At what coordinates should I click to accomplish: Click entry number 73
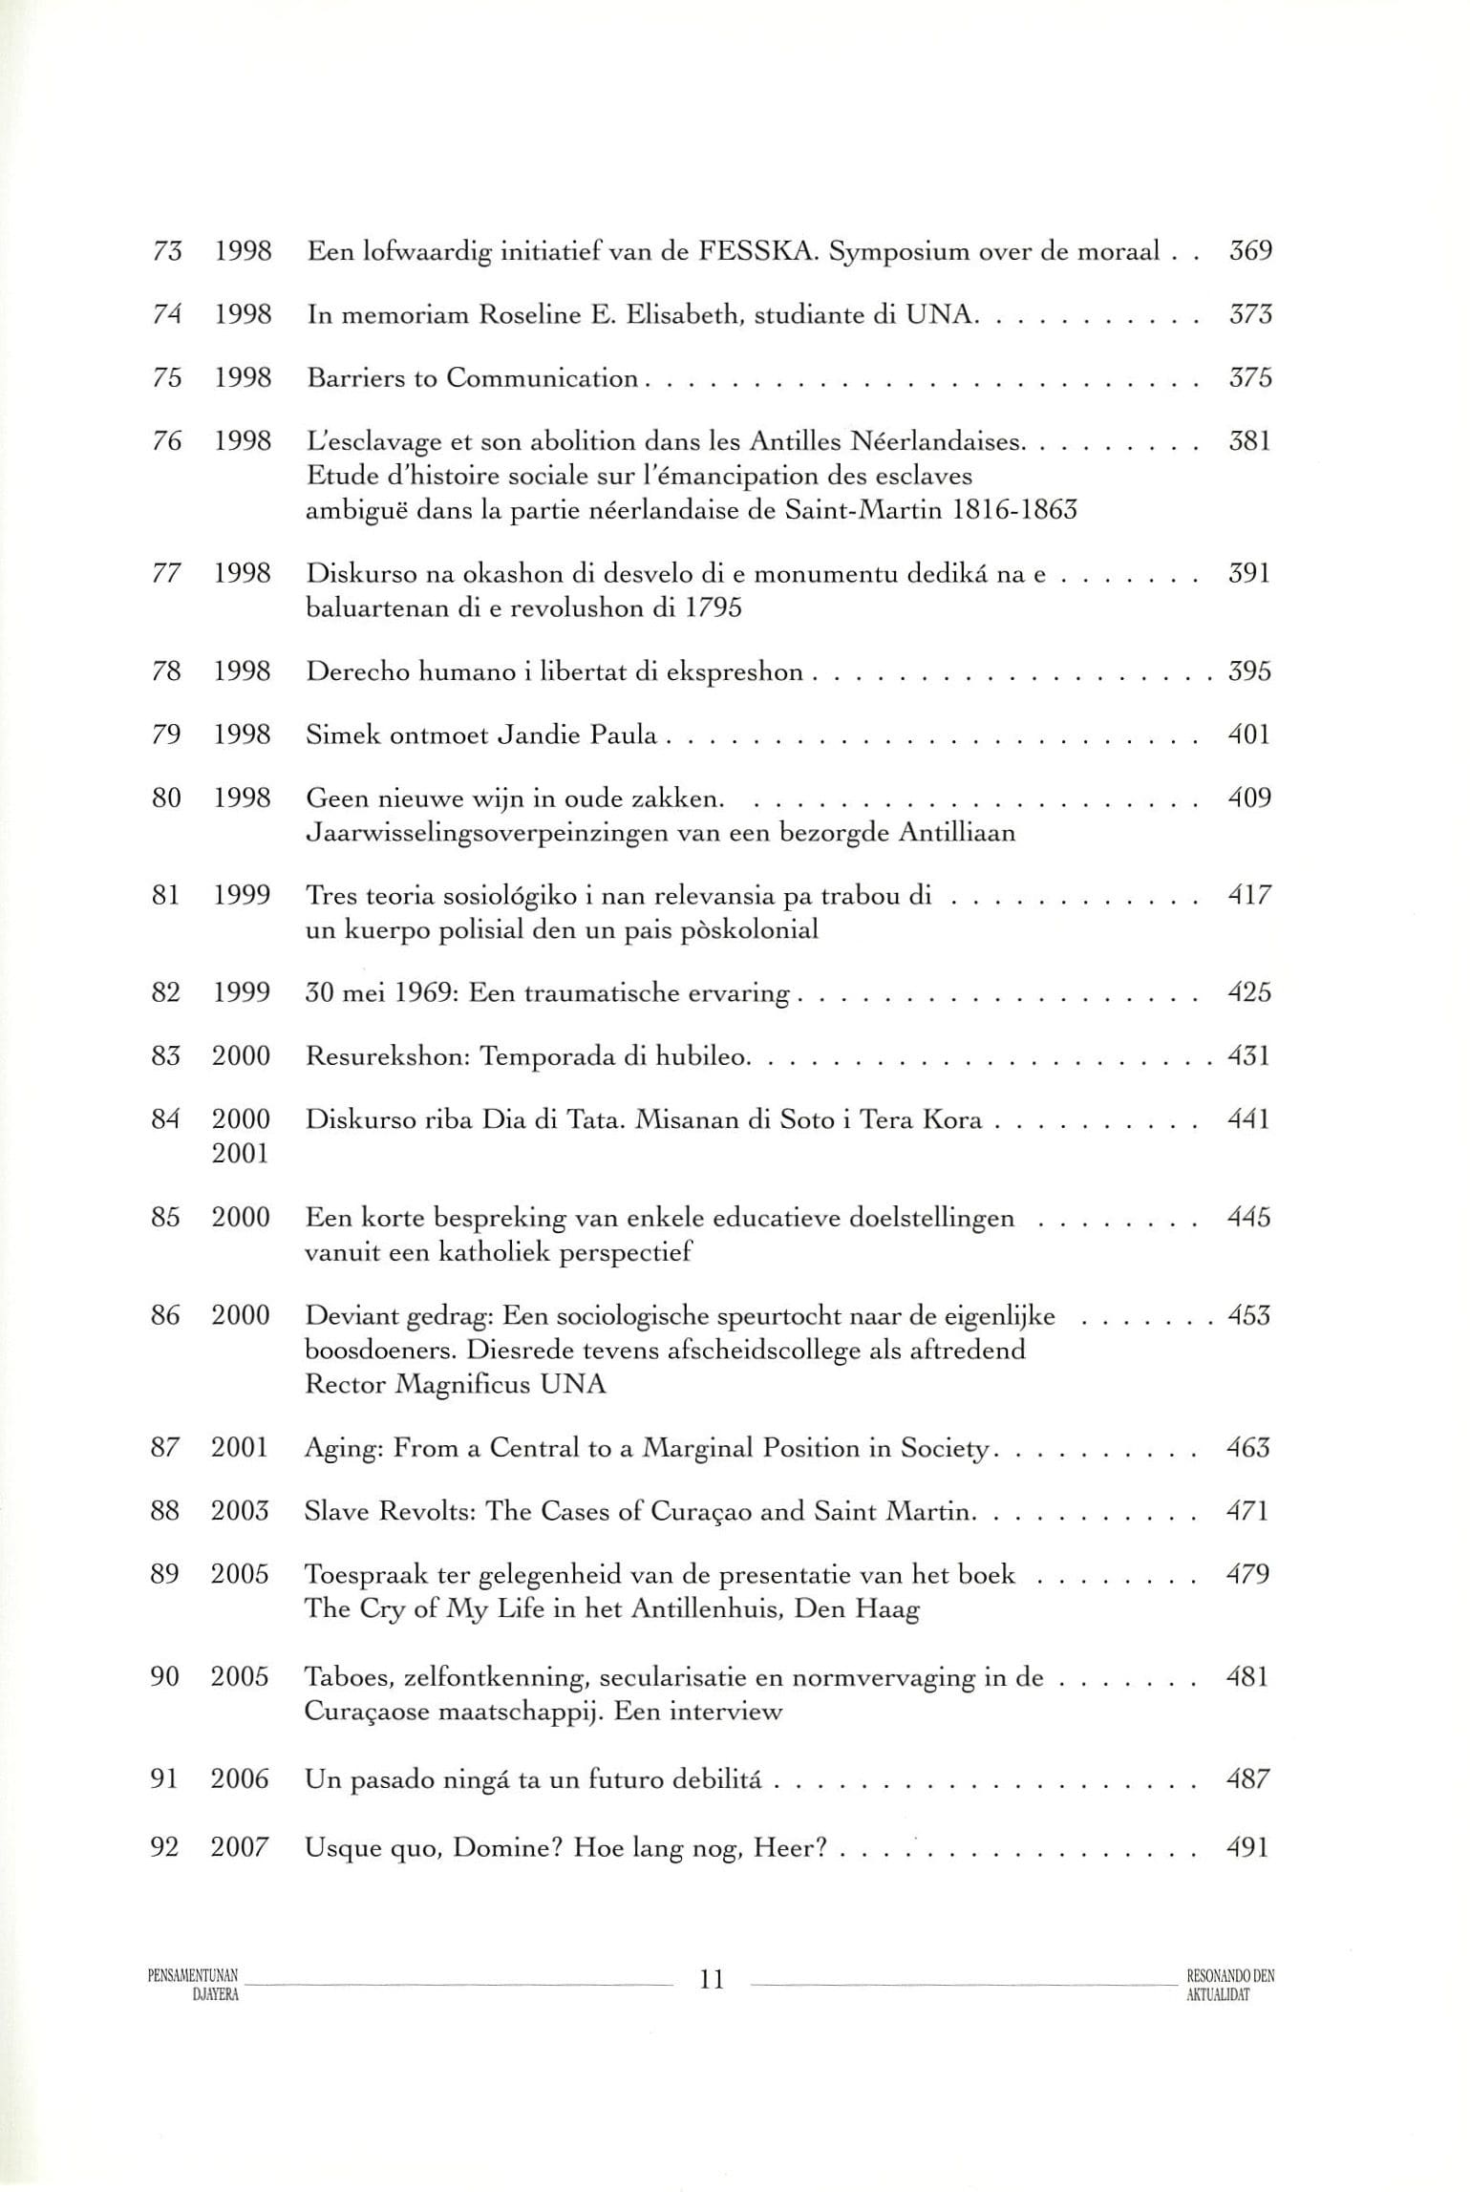[167, 252]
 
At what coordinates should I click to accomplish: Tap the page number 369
[1250, 252]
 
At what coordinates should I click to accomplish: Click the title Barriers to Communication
[472, 378]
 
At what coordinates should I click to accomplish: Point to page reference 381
[1249, 441]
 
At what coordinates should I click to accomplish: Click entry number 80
[166, 798]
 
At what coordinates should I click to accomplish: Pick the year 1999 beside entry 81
[242, 896]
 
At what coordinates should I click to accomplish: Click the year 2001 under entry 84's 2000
[241, 1154]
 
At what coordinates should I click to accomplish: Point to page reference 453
[1249, 1316]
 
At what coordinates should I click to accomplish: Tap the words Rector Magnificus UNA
[456, 1385]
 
